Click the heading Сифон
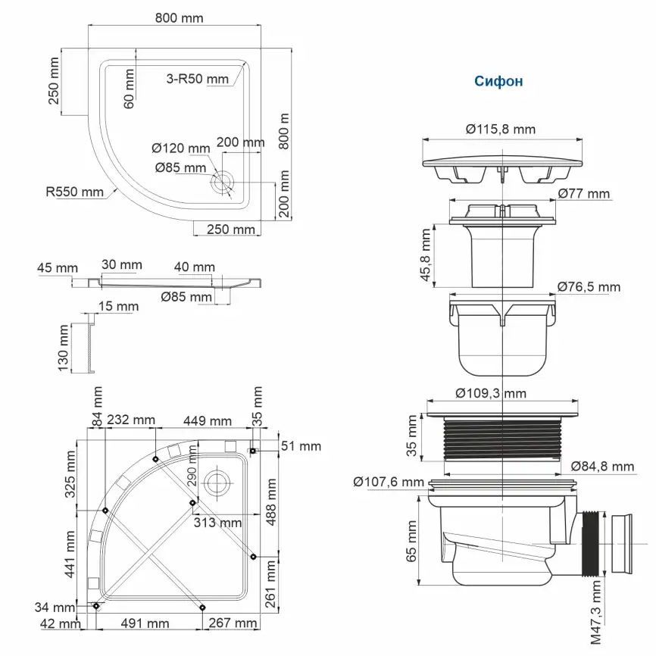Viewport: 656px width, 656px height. coord(498,81)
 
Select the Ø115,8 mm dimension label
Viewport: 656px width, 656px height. coord(501,129)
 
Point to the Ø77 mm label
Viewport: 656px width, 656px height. coord(583,194)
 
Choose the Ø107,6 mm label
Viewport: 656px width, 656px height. coord(388,481)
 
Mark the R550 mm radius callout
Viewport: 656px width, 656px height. coord(73,192)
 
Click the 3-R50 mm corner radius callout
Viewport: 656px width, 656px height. coord(197,79)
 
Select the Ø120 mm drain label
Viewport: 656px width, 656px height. coord(180,147)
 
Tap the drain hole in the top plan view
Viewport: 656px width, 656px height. coord(223,182)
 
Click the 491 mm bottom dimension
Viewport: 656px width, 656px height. coord(143,623)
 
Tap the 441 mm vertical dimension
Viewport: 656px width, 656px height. coord(70,554)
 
